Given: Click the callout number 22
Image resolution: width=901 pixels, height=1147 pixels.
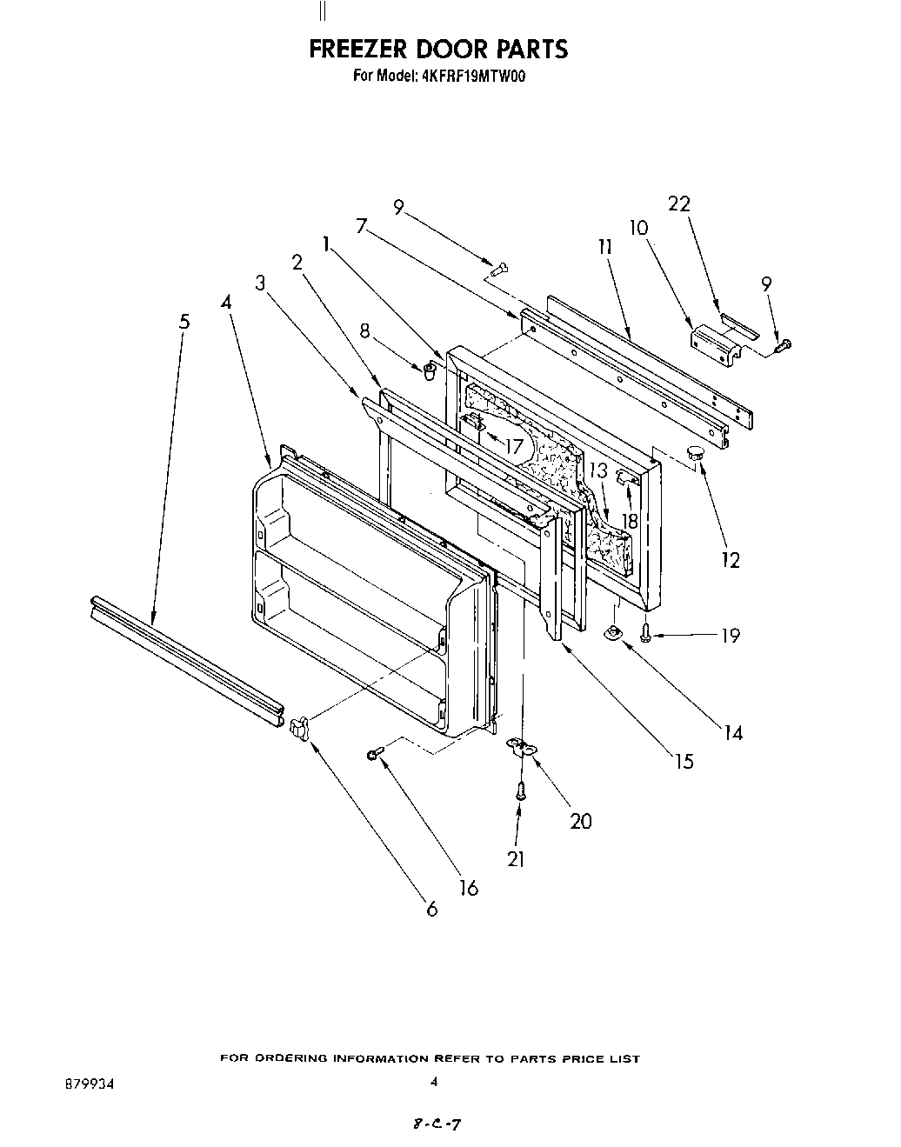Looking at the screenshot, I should tap(678, 203).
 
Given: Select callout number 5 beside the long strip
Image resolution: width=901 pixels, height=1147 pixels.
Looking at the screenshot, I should tap(184, 321).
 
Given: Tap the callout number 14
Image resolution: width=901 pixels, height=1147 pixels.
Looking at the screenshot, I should tap(733, 732).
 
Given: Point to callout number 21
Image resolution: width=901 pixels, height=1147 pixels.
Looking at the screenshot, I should tap(517, 858).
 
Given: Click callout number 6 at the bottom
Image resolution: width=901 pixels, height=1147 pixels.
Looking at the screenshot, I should tap(431, 910).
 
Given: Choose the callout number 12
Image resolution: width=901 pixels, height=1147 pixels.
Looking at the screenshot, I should tap(730, 559).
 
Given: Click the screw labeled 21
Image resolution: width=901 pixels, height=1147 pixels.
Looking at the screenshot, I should tap(519, 790).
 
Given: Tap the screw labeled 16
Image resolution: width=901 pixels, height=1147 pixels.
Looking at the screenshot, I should tap(374, 753).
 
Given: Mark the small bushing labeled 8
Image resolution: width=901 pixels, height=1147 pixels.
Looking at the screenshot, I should tap(430, 371).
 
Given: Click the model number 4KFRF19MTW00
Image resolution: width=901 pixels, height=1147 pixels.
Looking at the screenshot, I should tap(477, 76).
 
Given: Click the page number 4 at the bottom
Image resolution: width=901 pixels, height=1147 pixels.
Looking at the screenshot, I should tap(433, 1082).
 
